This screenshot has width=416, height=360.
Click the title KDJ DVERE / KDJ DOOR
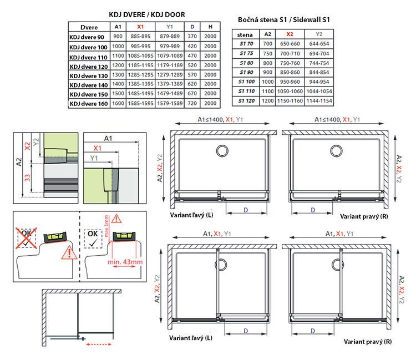(x=147, y=14)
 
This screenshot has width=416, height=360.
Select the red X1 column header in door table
(x=140, y=27)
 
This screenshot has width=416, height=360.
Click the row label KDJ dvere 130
(x=89, y=76)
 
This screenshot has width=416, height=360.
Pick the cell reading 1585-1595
(x=141, y=103)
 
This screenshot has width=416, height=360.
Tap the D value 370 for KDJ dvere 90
(x=192, y=37)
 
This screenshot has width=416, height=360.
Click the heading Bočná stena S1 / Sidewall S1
(x=283, y=19)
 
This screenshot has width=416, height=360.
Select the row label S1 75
(x=246, y=53)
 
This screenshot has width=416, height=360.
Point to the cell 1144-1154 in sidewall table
(x=319, y=101)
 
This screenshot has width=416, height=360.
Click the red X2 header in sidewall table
(x=290, y=34)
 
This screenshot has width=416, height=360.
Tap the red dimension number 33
(x=27, y=178)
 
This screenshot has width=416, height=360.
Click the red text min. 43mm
(x=125, y=262)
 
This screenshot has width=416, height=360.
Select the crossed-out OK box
(x=26, y=238)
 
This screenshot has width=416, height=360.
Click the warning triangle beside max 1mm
(x=116, y=219)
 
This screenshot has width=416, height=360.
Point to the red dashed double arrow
(x=99, y=344)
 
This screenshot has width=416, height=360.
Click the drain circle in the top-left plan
(x=222, y=151)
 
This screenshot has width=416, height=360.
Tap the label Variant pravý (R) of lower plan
(x=367, y=342)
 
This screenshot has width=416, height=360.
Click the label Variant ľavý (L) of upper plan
(x=191, y=215)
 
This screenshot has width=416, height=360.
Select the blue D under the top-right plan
(x=313, y=210)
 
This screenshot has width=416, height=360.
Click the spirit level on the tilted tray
(x=55, y=237)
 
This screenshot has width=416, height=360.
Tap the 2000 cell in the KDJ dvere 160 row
(x=210, y=103)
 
